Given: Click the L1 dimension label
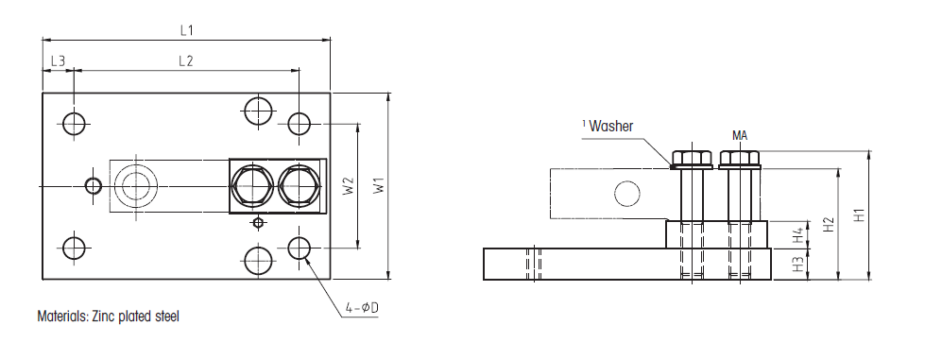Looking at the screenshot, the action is [186, 30].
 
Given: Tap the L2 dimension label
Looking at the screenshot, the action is [186, 60].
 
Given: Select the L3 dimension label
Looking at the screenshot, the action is [58, 60].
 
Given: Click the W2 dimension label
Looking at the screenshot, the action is [349, 186].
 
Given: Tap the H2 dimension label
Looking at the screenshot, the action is [829, 224].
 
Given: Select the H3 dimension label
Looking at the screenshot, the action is [798, 264].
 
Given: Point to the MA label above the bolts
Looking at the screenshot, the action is [740, 136].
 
